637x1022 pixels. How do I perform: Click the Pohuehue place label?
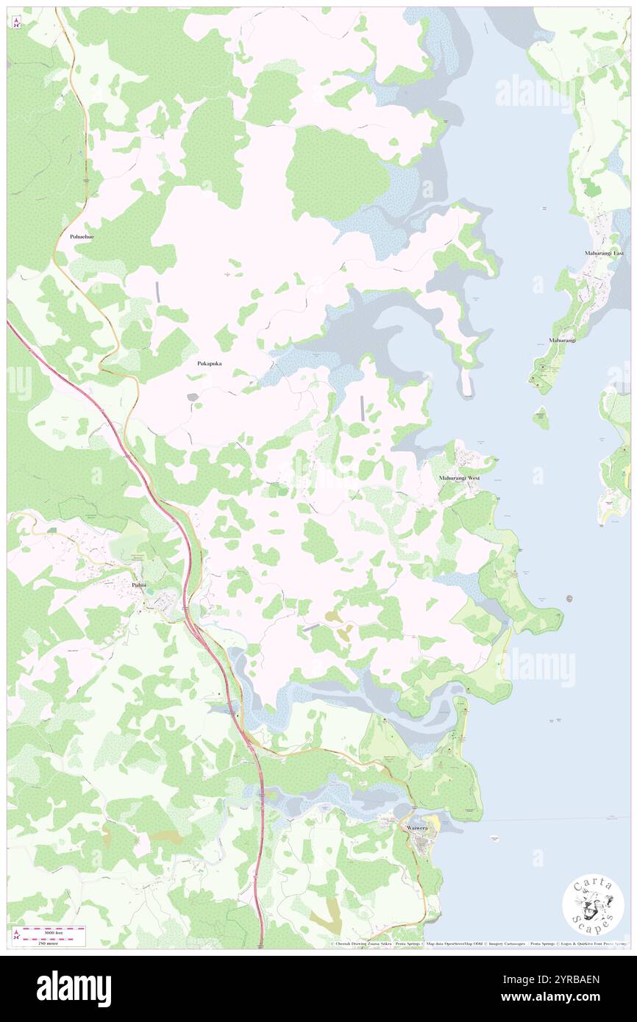[82, 237]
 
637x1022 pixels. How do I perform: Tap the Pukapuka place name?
[210, 363]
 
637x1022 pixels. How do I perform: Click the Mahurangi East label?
[604, 253]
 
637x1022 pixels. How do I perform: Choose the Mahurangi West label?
[459, 478]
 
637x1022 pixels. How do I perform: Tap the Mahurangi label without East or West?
[561, 340]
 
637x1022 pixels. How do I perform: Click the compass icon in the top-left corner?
[16, 23]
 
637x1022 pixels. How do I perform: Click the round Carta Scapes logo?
[593, 906]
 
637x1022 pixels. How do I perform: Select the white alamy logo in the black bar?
[74, 988]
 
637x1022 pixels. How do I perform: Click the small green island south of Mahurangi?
[541, 418]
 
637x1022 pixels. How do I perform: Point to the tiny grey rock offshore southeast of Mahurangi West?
[569, 598]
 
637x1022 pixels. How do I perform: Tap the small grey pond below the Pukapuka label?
[193, 397]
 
